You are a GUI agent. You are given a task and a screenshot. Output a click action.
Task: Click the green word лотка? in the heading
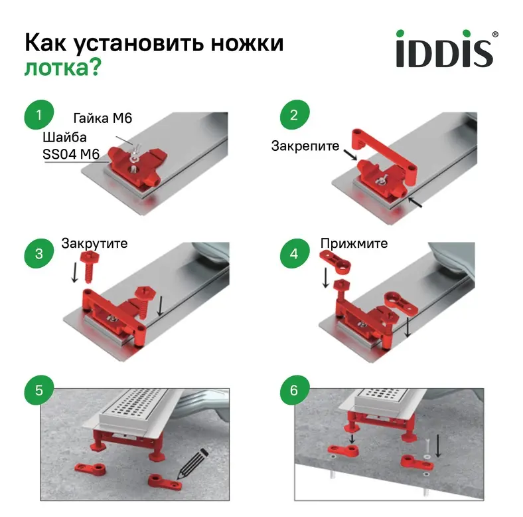point(62,68)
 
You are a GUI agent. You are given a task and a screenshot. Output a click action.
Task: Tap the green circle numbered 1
point(39,115)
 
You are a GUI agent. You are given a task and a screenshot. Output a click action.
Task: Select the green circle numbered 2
point(294,115)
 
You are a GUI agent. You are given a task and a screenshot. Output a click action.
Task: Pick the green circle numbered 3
point(39,253)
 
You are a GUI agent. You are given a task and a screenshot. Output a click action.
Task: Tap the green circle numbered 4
point(294,253)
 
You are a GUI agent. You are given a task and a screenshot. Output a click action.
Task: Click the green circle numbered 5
point(39,390)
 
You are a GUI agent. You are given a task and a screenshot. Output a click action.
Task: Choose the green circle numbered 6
point(294,390)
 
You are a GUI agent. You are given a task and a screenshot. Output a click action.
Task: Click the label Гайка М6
point(103,118)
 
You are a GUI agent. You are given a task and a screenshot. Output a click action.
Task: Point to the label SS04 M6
point(71,154)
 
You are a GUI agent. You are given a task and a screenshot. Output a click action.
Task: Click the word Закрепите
point(305,146)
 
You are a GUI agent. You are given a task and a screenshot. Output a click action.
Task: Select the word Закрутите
point(94,244)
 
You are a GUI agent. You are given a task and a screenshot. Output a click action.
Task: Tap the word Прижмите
point(354,243)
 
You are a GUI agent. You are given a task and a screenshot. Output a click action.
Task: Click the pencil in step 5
point(192,465)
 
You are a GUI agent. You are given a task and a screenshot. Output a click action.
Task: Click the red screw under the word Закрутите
point(88,267)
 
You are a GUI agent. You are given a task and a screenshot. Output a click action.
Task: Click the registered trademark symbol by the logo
point(495,34)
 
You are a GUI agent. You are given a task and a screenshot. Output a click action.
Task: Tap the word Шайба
point(64,138)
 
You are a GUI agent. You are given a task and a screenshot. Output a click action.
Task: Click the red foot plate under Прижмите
point(335,261)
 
